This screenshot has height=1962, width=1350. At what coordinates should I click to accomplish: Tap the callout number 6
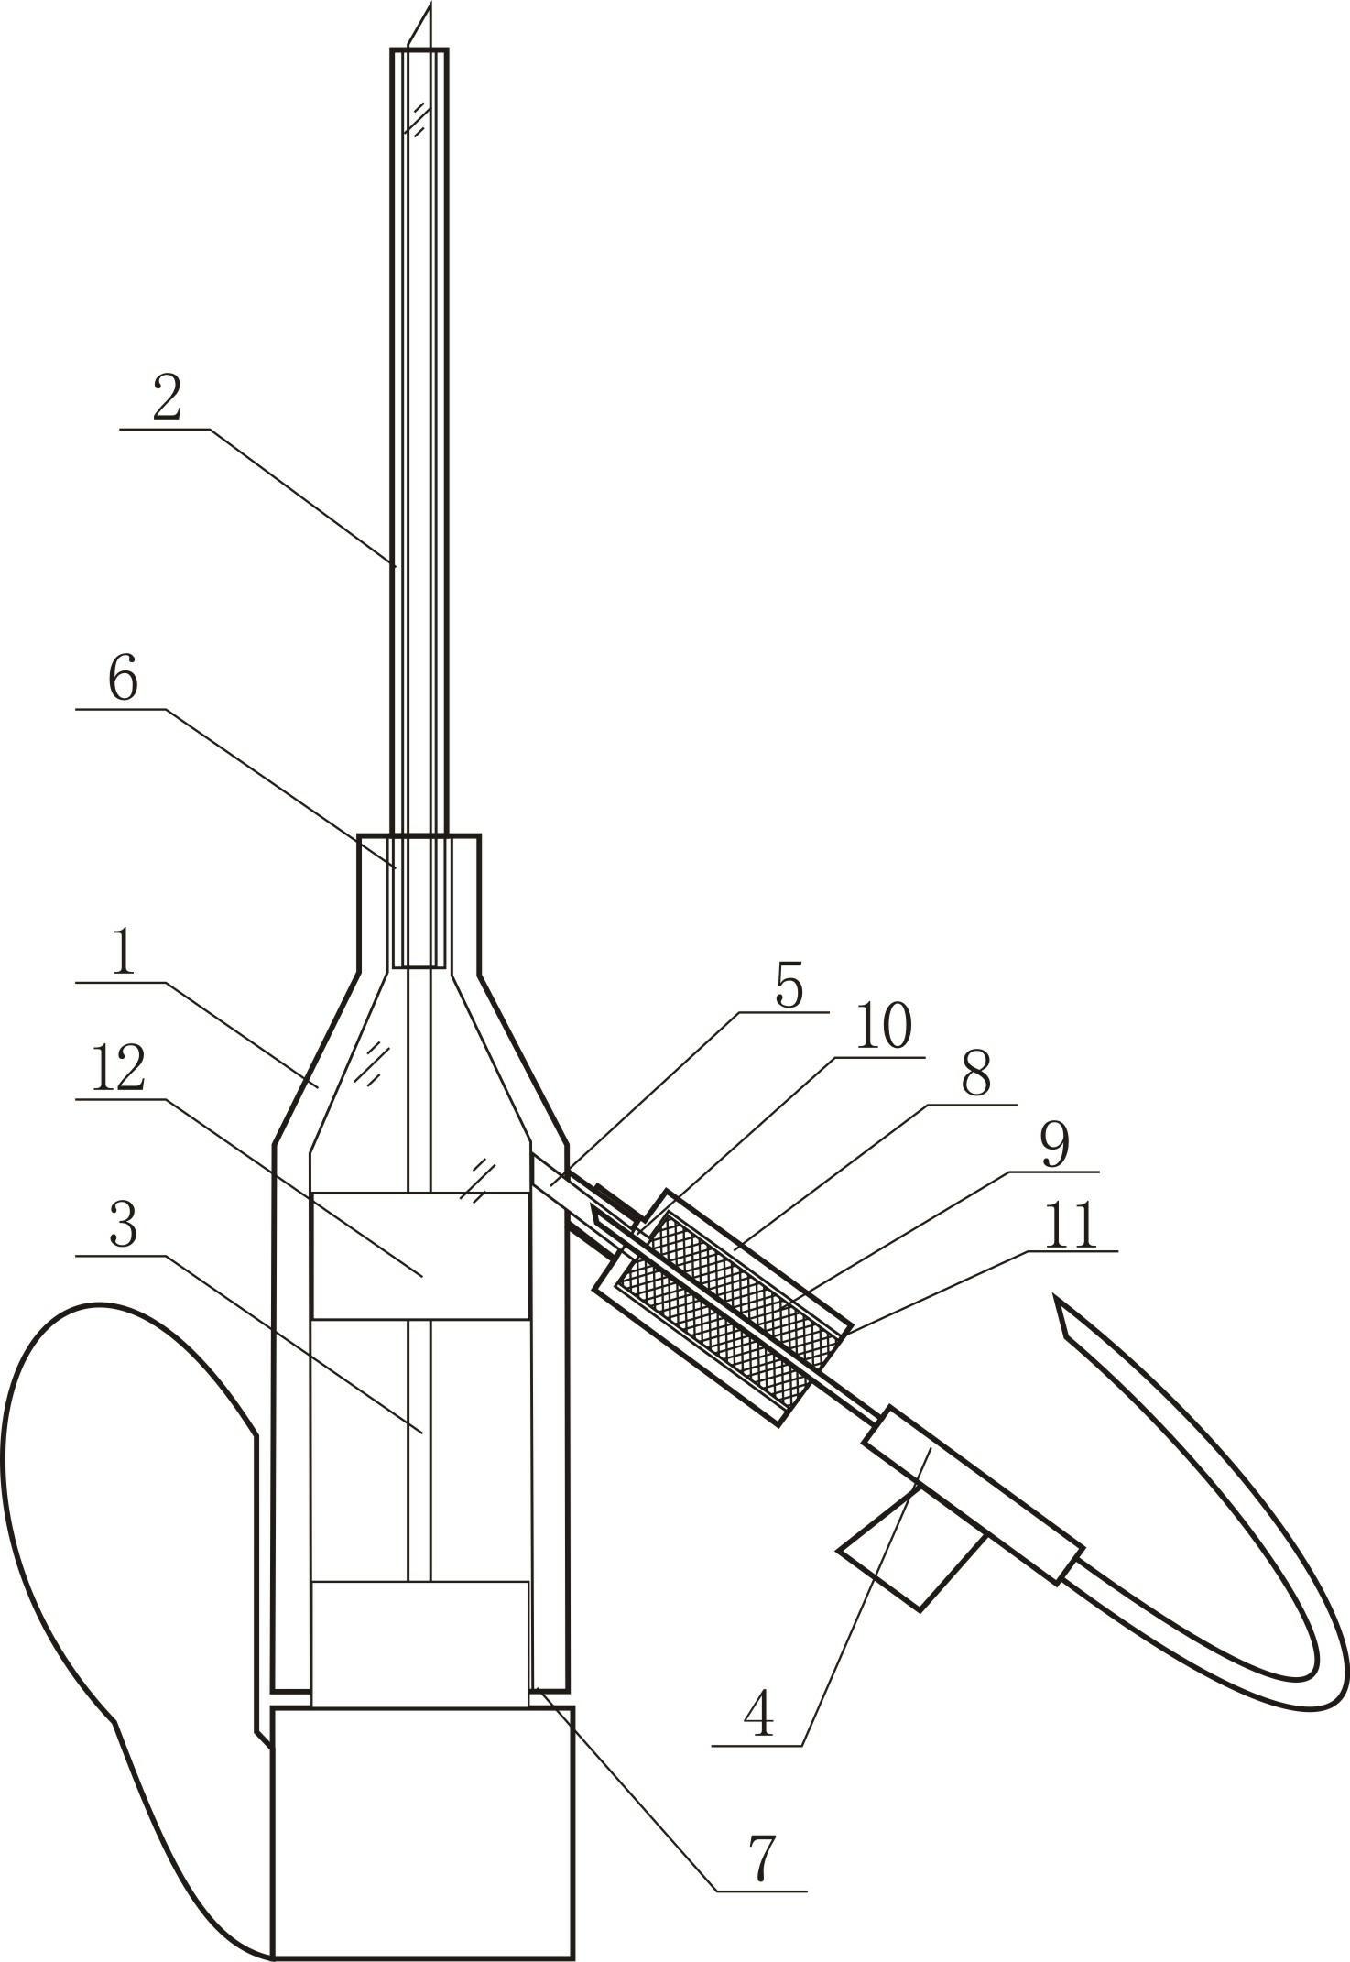(x=123, y=680)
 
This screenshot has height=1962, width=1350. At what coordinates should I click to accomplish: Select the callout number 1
(x=123, y=954)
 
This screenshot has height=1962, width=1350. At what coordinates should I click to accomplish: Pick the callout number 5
(x=789, y=986)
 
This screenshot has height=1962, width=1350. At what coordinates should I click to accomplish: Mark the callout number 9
(x=1055, y=1145)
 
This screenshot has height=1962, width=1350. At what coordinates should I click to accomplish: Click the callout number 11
(x=1072, y=1226)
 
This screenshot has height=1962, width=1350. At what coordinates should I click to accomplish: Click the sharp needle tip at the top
(x=429, y=4)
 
